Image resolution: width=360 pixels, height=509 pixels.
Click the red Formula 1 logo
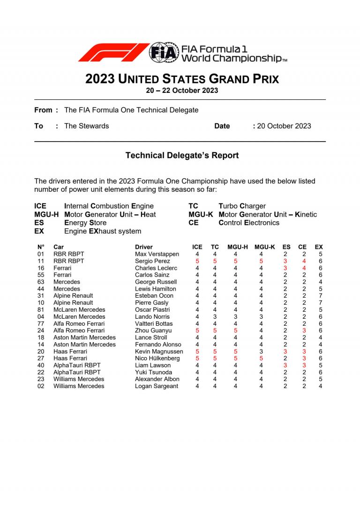pos(112,52)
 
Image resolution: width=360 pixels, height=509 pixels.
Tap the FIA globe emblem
pos(164,52)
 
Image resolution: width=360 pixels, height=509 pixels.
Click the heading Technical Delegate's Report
pos(182,155)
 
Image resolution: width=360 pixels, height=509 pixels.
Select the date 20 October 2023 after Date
pos(284,126)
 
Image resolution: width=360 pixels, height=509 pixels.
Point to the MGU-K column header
pos(265,247)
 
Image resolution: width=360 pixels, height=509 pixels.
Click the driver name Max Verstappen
pos(157,254)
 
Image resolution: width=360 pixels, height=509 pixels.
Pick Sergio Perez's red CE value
pos(304,261)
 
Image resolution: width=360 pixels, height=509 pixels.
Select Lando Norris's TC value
pos(215,316)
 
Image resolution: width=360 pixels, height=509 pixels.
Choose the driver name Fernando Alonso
pos(158,344)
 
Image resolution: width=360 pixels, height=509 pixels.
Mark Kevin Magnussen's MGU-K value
pos(261,352)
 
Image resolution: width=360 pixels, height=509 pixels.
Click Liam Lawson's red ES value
pos(285,365)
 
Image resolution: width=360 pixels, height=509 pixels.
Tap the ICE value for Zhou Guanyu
pos(197,330)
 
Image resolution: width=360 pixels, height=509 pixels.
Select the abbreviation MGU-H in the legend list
pos(46,214)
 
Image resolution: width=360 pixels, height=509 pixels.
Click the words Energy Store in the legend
pos(85,223)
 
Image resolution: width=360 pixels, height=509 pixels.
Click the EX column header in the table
pos(319,247)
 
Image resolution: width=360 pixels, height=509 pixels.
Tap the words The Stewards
pos(86,126)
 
